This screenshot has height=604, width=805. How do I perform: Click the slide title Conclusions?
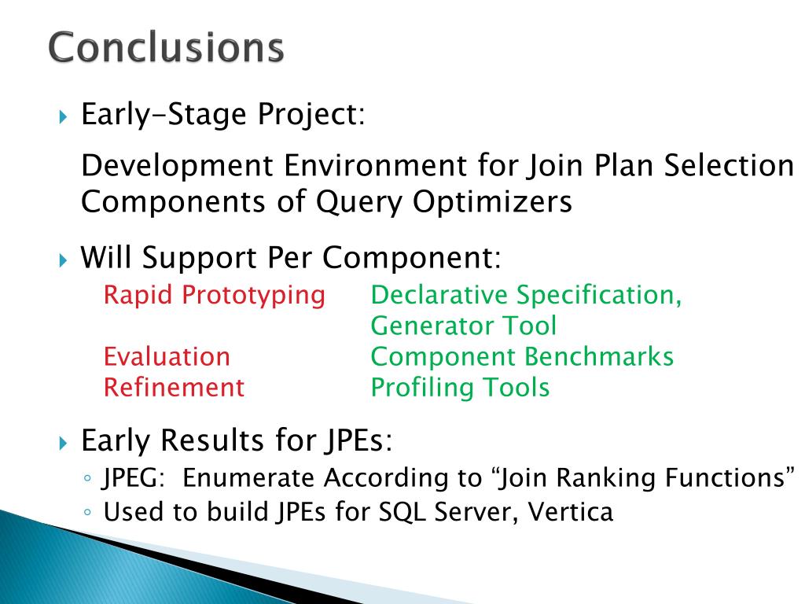(166, 47)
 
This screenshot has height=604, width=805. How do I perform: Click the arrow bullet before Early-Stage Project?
(63, 116)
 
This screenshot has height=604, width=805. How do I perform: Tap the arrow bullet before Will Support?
(63, 260)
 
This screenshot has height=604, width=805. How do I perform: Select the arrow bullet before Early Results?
(63, 443)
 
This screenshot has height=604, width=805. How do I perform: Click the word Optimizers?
(492, 202)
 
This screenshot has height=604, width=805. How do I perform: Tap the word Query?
(358, 202)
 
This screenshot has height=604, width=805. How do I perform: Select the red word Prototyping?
(254, 296)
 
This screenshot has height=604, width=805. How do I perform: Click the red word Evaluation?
(167, 356)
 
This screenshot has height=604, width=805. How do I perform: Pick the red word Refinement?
(174, 387)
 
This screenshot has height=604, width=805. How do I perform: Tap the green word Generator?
(431, 326)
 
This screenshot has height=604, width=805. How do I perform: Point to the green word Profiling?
(421, 389)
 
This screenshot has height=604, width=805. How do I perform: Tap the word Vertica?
(571, 512)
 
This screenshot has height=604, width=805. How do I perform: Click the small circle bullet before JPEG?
(88, 479)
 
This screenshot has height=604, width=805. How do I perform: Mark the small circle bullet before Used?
(88, 512)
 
